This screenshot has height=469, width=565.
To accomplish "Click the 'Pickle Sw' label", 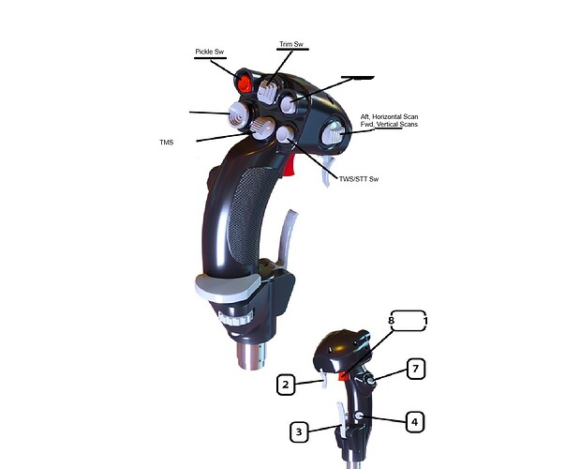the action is click(x=209, y=52).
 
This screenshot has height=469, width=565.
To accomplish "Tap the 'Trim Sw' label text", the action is click(x=291, y=44).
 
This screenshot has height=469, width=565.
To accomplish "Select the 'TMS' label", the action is click(x=167, y=143).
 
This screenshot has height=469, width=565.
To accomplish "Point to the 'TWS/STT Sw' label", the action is click(x=359, y=179).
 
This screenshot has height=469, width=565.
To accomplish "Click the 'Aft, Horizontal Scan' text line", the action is click(x=389, y=117).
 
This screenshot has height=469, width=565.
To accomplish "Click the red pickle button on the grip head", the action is click(x=244, y=82).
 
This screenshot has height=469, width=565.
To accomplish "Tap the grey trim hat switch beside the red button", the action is click(x=267, y=90).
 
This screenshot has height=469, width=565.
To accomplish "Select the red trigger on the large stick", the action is click(x=290, y=166).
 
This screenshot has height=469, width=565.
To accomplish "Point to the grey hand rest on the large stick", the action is click(x=228, y=288).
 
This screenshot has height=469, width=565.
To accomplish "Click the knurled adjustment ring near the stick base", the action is click(x=236, y=319).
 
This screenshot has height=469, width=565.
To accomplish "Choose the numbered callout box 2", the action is click(x=286, y=385).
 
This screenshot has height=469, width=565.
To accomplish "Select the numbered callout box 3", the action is click(x=299, y=432).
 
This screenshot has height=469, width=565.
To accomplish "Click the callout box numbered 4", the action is click(x=415, y=422).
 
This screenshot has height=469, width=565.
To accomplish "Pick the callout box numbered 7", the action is click(x=416, y=369).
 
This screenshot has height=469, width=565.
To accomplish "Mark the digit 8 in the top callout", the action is click(x=392, y=321).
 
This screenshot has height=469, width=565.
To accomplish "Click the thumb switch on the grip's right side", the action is click(x=333, y=133).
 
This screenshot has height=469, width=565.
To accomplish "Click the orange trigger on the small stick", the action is click(x=343, y=375).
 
